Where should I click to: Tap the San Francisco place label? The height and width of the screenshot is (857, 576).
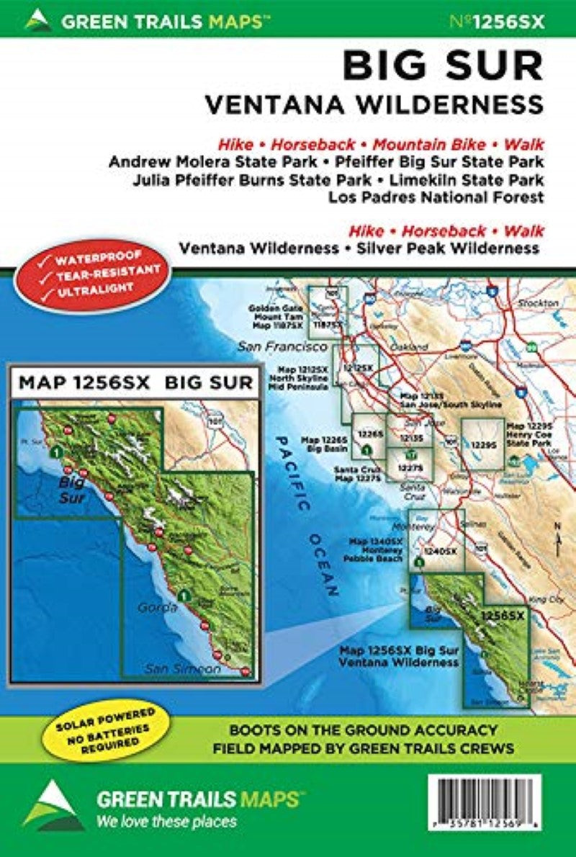[277, 347]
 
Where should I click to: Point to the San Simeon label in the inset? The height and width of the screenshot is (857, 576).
[184, 668]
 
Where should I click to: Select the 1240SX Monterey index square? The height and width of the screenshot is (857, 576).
[436, 547]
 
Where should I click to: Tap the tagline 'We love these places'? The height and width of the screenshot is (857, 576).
[166, 821]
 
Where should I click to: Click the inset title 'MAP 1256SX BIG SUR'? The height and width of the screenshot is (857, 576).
[135, 382]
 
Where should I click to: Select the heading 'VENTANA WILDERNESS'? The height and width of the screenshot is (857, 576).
[374, 104]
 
